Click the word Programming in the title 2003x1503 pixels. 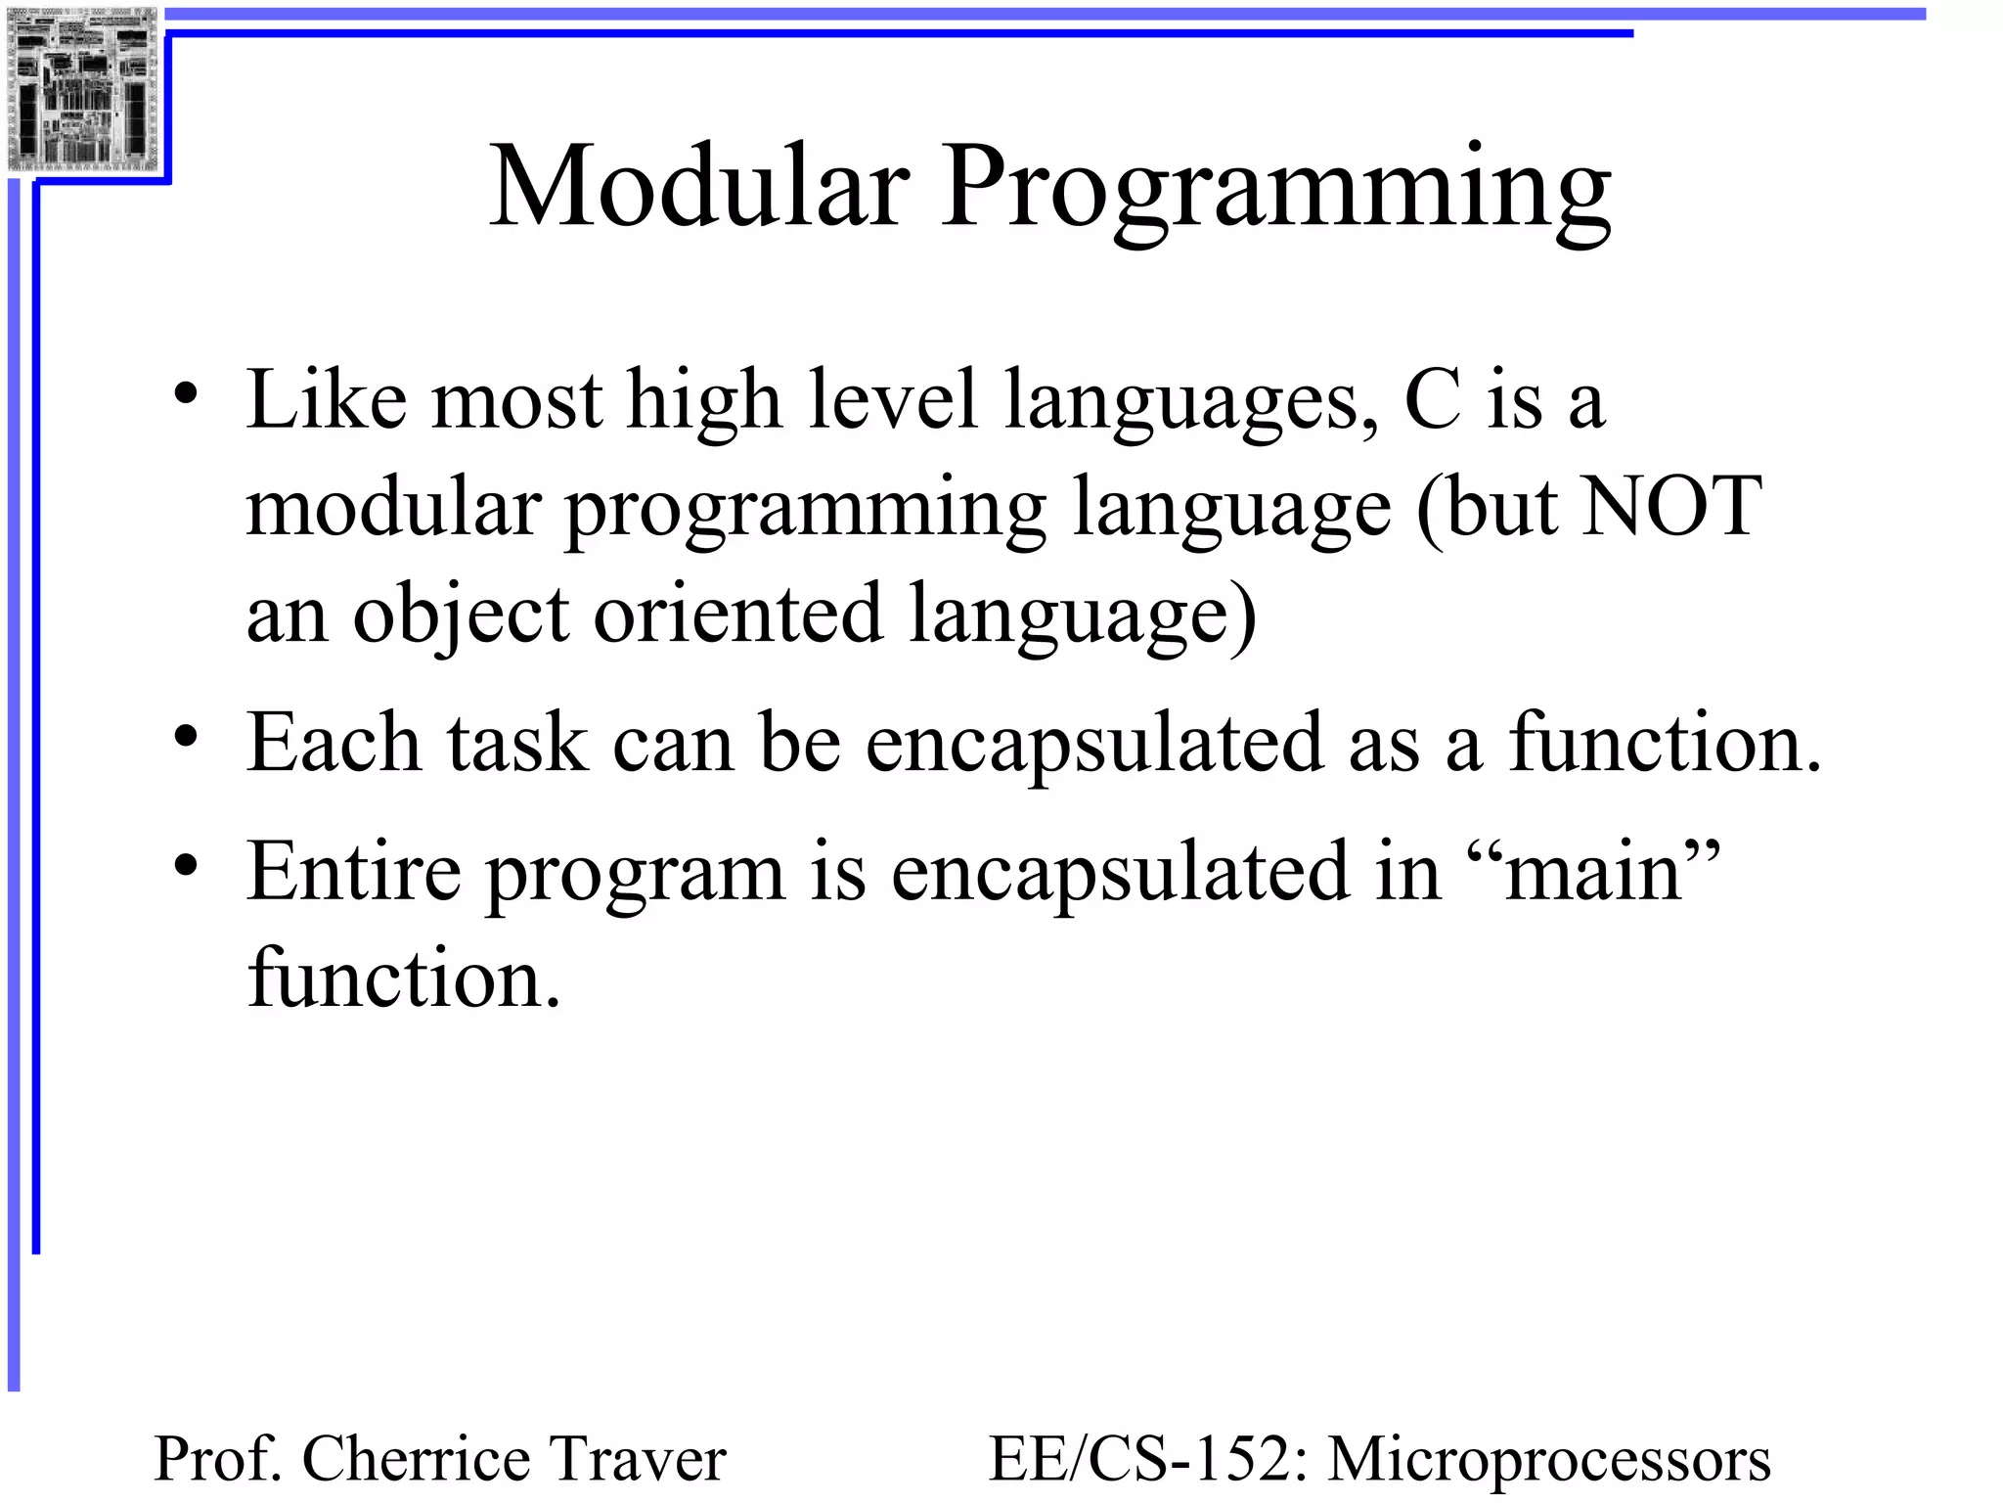[1276, 191]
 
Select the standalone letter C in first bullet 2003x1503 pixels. [1433, 400]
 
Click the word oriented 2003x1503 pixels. [738, 615]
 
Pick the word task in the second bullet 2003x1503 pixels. [517, 744]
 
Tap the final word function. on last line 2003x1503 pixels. [404, 978]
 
